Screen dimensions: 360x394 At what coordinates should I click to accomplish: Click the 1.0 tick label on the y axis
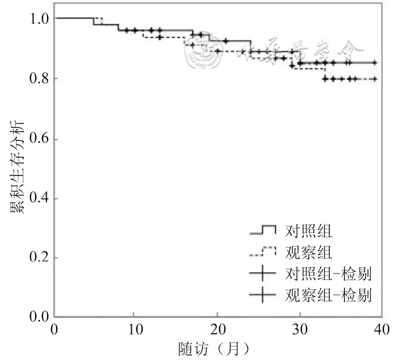pyautogui.click(x=39, y=19)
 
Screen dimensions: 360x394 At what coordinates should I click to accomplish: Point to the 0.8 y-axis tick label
pyautogui.click(x=39, y=78)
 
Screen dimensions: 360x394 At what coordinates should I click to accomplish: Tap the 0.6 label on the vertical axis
pyautogui.click(x=39, y=139)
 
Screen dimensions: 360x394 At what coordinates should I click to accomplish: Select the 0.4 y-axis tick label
pyautogui.click(x=39, y=198)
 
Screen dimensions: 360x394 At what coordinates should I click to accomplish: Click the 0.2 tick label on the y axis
pyautogui.click(x=39, y=257)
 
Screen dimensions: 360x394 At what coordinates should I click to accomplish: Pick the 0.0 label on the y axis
pyautogui.click(x=39, y=316)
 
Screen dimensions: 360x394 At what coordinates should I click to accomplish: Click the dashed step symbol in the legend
pyautogui.click(x=262, y=251)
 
